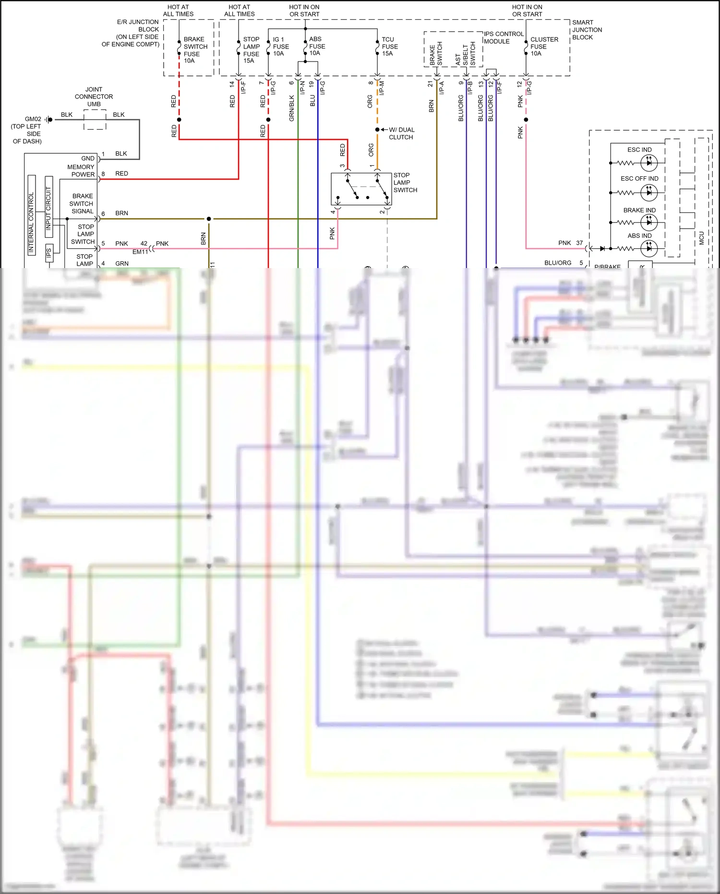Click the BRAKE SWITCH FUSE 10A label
195,50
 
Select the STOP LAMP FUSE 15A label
251,50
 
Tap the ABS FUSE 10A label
317,46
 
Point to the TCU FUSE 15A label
389,47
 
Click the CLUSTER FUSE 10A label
544,47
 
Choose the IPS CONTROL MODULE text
503,37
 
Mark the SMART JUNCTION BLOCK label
587,30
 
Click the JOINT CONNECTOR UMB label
94,97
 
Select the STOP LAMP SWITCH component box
361,189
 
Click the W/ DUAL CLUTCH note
401,134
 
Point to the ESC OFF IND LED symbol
649,193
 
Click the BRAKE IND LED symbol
649,222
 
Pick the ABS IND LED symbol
649,248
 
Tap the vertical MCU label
701,238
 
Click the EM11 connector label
140,252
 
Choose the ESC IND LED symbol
649,163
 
